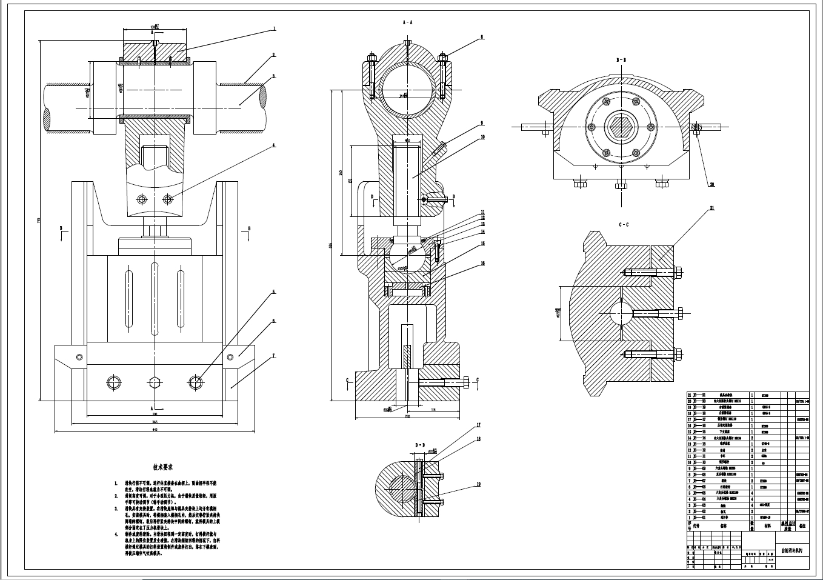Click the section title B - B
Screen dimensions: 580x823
coord(621,61)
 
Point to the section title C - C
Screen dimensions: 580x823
coord(623,224)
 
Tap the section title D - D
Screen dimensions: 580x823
coord(420,445)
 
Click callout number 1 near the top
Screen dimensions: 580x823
coord(274,28)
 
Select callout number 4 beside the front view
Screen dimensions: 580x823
coord(274,145)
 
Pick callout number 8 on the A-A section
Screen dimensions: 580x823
coord(482,37)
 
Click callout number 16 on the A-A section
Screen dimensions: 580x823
coord(483,264)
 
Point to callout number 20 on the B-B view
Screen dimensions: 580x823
coord(711,184)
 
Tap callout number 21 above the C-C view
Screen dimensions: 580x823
coord(711,208)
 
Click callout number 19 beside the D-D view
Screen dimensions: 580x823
coord(478,484)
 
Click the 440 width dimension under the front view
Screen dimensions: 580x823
coord(155,430)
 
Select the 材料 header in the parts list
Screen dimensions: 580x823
coord(768,527)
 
